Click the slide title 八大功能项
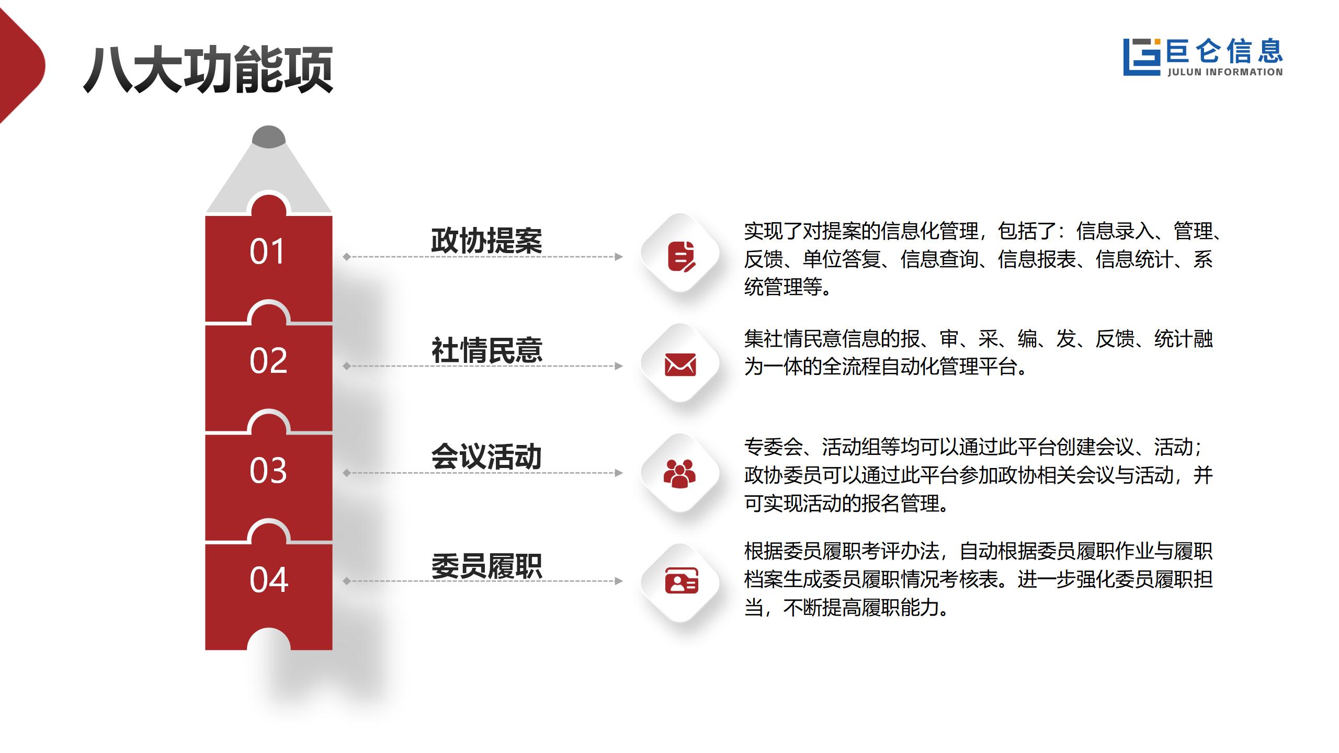tap(208, 70)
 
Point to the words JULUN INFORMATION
tap(1225, 72)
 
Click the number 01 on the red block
tap(267, 252)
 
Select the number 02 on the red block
tap(268, 360)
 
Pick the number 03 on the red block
tap(268, 470)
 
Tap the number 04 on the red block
tap(269, 579)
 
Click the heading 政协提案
tap(486, 241)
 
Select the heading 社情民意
tap(486, 350)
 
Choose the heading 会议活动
tap(486, 457)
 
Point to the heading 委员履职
tap(486, 566)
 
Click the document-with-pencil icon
tap(681, 256)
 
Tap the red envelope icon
tap(680, 364)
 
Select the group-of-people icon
tap(679, 473)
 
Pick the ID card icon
tap(681, 580)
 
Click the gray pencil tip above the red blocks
tap(269, 136)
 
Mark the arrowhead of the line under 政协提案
tap(619, 257)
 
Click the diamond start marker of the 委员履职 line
tap(346, 581)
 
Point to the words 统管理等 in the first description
tap(783, 287)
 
